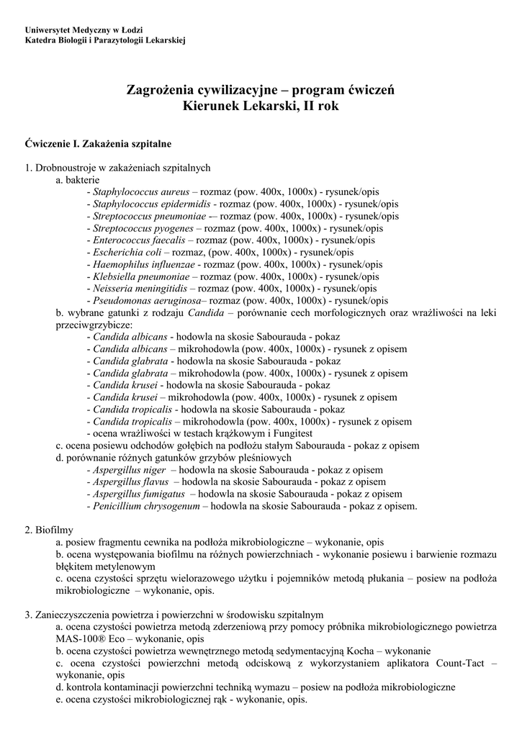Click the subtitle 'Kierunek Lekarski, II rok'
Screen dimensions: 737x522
pos(261,106)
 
